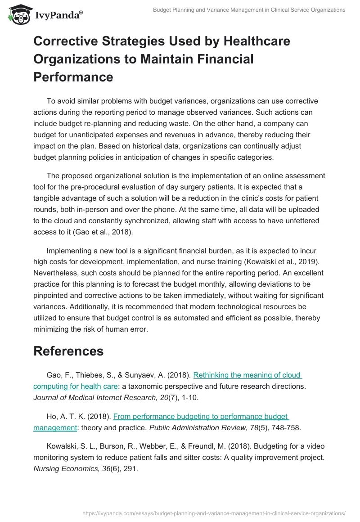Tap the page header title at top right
(249, 10)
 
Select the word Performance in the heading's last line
(73, 76)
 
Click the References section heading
(68, 351)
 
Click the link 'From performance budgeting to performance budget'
(201, 417)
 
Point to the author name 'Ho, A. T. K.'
(65, 417)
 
